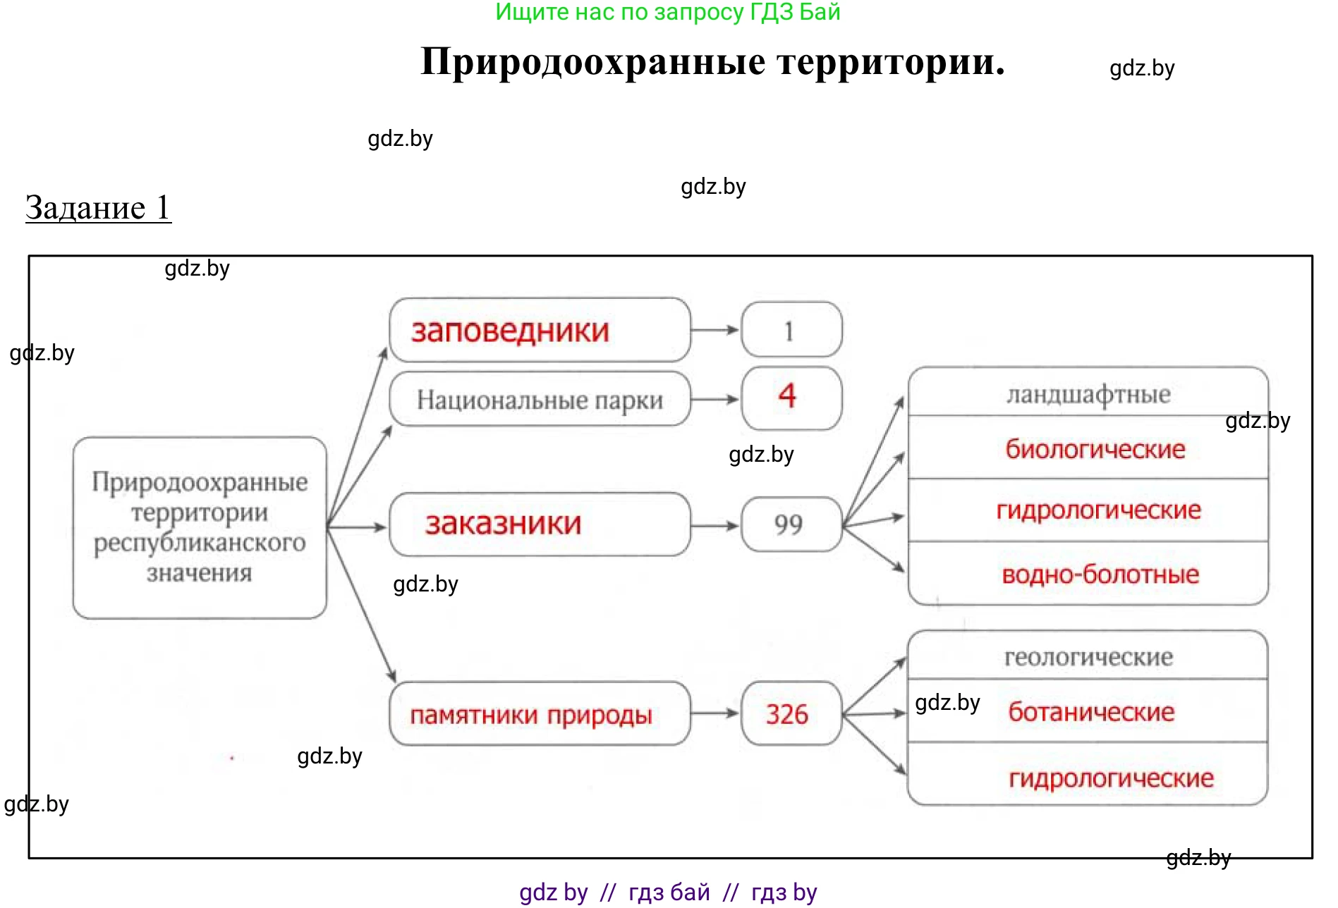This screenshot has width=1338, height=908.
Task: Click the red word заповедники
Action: tap(510, 331)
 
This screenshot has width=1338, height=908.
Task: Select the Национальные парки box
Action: tap(540, 400)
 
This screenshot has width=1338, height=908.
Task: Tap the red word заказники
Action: tap(503, 524)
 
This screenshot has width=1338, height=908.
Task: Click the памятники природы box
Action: tap(540, 714)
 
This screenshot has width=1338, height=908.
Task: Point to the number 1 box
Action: tap(791, 330)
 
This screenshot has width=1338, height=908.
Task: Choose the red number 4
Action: tap(787, 395)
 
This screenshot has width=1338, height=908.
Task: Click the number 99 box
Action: tap(791, 524)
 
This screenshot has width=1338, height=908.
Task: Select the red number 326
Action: tap(787, 714)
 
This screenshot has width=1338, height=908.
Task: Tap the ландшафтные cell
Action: tap(1088, 394)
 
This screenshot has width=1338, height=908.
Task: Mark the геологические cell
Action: tap(1088, 657)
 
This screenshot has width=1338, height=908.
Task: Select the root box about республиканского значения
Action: tap(200, 527)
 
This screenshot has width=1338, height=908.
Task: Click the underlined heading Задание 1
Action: tap(98, 208)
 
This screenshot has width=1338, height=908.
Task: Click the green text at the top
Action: tap(667, 12)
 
